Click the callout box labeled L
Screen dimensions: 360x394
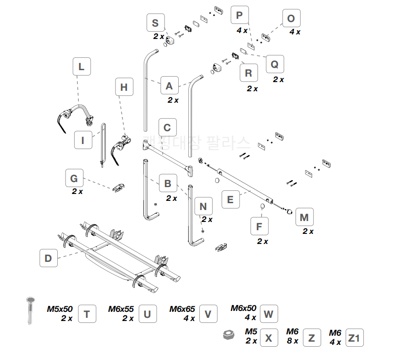pyautogui.click(x=82, y=66)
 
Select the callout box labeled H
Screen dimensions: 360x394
pyautogui.click(x=124, y=87)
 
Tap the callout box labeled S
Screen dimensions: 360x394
pyautogui.click(x=155, y=23)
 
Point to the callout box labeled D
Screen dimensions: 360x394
pyautogui.click(x=48, y=258)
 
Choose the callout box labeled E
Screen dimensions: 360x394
pyautogui.click(x=230, y=199)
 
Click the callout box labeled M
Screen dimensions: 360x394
pyautogui.click(x=304, y=217)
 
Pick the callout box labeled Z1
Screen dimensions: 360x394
pyautogui.click(x=354, y=338)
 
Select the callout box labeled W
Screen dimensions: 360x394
pyautogui.click(x=268, y=315)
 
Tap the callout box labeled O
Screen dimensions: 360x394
pyautogui.click(x=291, y=19)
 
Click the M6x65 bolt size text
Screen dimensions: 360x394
pyautogui.click(x=182, y=309)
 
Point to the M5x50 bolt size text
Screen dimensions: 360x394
pyautogui.click(x=60, y=309)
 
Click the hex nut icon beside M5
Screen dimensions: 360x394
pyautogui.click(x=227, y=335)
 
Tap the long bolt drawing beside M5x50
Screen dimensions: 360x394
pyautogui.click(x=30, y=310)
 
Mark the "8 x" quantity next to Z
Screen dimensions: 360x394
pyautogui.click(x=292, y=341)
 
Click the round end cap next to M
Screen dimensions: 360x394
pyautogui.click(x=290, y=211)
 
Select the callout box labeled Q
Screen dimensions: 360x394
pyautogui.click(x=274, y=64)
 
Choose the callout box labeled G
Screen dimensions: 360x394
pyautogui.click(x=74, y=178)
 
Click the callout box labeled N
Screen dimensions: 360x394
pyautogui.click(x=203, y=206)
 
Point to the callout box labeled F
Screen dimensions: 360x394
pyautogui.click(x=259, y=227)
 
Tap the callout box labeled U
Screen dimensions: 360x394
pyautogui.click(x=147, y=314)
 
